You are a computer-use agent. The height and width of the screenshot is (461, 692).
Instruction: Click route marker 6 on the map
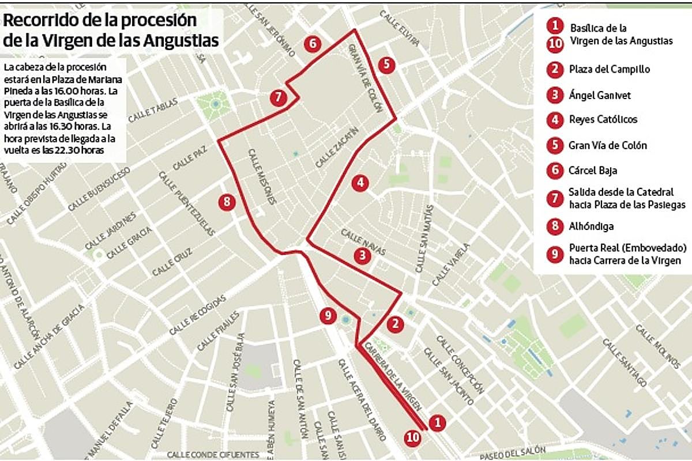click(312, 44)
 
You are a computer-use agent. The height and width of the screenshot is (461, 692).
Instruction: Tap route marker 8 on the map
click(227, 202)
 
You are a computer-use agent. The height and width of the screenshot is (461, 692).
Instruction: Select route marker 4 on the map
click(360, 183)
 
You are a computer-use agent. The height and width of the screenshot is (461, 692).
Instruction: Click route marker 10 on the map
click(413, 437)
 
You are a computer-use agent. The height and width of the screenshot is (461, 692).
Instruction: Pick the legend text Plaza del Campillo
click(610, 69)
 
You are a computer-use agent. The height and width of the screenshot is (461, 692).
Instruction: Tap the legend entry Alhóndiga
click(591, 226)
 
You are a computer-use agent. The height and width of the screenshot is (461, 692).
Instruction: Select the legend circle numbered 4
click(555, 120)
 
